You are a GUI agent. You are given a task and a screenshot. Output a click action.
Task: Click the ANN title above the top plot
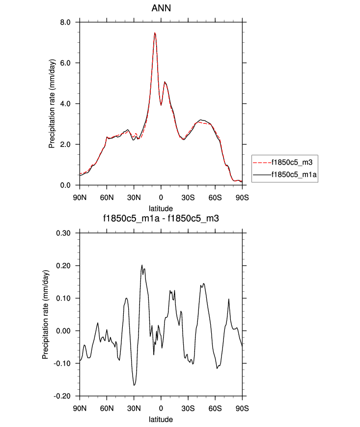tap(161, 8)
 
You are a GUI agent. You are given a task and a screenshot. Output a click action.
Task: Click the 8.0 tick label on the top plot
tap(66, 22)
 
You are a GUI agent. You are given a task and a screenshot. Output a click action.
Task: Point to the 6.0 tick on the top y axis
tap(66, 63)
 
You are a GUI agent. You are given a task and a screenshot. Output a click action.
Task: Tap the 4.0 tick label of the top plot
tap(66, 104)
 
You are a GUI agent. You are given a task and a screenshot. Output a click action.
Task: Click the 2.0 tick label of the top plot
tap(66, 144)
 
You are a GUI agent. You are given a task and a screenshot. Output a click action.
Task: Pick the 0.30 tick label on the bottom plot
tap(64, 233)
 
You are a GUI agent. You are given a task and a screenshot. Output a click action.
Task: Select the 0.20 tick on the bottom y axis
tap(64, 265)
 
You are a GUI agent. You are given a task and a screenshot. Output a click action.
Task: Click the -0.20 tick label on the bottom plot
tap(63, 396)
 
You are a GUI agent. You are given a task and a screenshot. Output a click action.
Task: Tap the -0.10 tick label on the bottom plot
tap(63, 363)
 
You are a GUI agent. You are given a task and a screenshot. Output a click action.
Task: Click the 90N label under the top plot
tap(80, 198)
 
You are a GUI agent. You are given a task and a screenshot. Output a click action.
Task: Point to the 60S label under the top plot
tap(215, 198)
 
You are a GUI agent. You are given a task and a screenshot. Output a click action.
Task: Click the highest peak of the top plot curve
tap(155, 33)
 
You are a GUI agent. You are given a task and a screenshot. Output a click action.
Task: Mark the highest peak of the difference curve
tap(142, 265)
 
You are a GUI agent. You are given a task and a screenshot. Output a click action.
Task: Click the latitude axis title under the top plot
tap(161, 209)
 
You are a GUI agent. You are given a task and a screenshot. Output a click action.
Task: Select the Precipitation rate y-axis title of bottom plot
tap(45, 314)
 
